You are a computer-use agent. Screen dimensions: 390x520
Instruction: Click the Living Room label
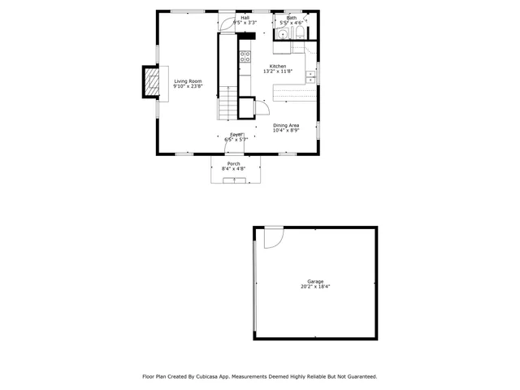(x=188, y=81)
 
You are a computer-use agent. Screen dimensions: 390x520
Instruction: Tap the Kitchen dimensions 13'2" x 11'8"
(x=278, y=71)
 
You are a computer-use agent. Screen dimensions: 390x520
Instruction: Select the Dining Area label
(x=286, y=125)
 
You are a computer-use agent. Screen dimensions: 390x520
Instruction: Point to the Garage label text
(x=314, y=281)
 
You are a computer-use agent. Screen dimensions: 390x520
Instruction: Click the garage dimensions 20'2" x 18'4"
(x=314, y=287)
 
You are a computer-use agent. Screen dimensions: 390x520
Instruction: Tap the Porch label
(x=233, y=163)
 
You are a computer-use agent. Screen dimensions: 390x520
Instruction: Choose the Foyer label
(x=236, y=134)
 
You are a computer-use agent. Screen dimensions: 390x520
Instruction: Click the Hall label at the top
(x=245, y=18)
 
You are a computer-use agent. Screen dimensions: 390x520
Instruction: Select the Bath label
(x=291, y=18)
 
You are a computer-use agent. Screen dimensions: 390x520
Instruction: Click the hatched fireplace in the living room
(x=150, y=82)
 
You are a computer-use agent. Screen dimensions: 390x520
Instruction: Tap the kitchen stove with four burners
(x=245, y=56)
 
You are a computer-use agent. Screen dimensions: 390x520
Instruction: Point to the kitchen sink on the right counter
(x=310, y=76)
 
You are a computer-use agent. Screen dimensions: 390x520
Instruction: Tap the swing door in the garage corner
(x=271, y=236)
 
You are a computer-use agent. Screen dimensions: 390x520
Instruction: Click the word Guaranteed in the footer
(x=359, y=376)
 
